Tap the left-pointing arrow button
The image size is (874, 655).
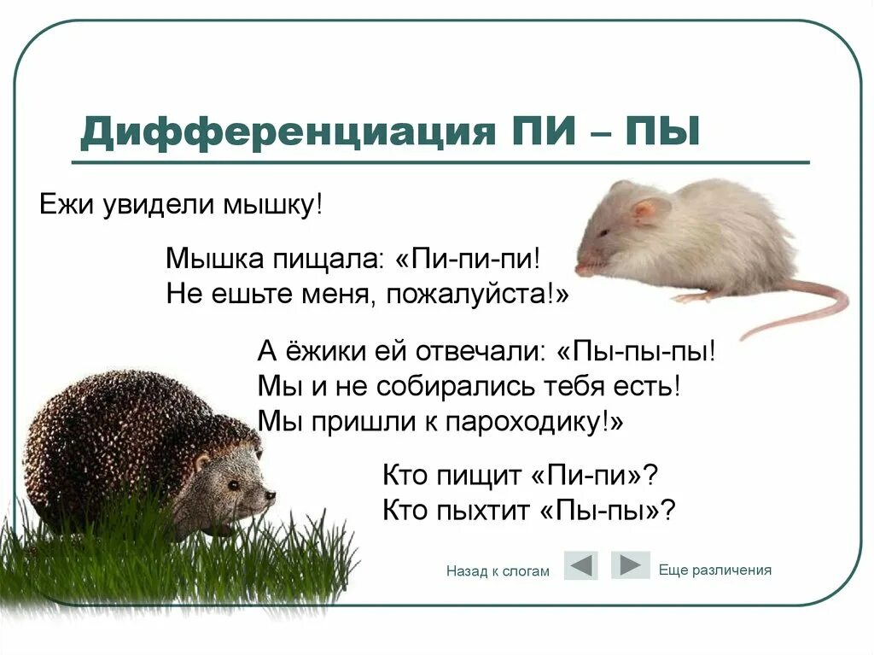580,565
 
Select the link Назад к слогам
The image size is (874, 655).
498,571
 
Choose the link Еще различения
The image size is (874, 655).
715,570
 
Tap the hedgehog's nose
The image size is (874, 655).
271,494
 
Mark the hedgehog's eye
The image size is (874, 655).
233,484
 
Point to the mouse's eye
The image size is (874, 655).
603,232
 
